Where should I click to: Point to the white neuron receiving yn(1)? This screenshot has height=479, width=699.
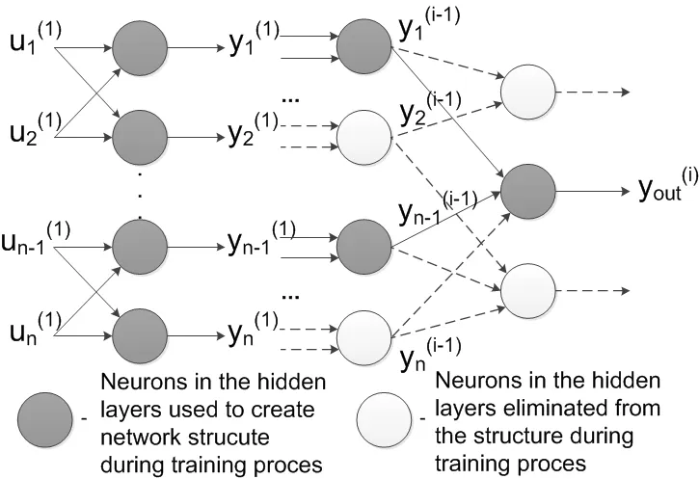(363, 332)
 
